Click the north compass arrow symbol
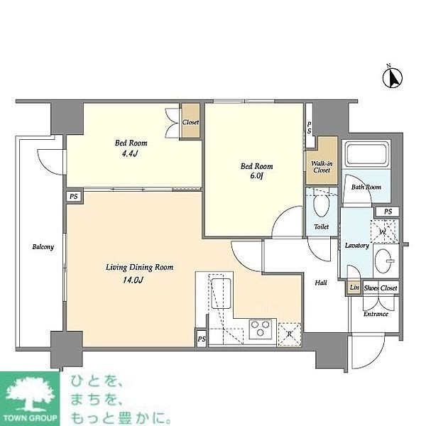tap(393, 78)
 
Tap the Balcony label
tap(43, 247)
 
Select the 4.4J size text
tap(130, 154)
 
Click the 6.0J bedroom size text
tap(257, 176)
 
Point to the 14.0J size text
tap(133, 280)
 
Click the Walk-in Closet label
tap(322, 167)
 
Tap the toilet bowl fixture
tap(322, 205)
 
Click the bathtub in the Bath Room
tap(366, 154)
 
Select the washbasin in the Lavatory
tap(384, 261)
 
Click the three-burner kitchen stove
tap(261, 329)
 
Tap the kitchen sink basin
tap(221, 293)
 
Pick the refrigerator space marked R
tap(290, 334)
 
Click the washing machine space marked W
tap(384, 231)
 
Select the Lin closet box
tap(354, 288)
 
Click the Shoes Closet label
tap(381, 288)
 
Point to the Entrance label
tap(376, 314)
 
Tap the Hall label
tap(321, 283)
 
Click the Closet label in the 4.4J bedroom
tap(190, 122)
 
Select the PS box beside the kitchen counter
tap(202, 339)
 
